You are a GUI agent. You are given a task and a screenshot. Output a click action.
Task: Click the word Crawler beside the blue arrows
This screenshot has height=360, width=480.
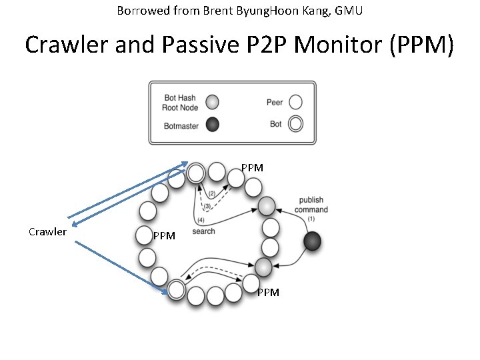coord(47,232)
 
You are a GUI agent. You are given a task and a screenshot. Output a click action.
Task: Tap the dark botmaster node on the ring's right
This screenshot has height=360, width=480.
coord(312,241)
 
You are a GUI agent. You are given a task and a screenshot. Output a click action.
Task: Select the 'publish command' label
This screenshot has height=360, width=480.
coord(311,205)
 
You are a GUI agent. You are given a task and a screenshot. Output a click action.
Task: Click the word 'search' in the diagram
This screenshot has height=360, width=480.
coord(203,231)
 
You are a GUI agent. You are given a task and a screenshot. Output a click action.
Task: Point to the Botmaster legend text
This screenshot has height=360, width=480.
coord(181,126)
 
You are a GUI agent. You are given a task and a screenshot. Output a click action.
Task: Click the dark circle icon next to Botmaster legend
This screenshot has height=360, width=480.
coord(212,125)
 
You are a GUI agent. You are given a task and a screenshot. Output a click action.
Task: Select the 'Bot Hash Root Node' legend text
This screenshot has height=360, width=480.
coord(180,103)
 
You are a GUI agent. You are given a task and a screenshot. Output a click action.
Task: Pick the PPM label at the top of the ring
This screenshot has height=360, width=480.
coord(252,168)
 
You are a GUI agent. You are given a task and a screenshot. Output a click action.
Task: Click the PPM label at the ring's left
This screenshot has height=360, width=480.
coord(164,235)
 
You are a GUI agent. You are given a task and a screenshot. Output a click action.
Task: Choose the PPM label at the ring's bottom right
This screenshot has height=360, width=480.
coord(268,292)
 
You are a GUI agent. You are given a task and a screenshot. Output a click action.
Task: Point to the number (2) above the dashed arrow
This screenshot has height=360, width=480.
coord(211,193)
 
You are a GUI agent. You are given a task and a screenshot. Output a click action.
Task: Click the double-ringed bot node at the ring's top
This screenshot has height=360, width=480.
coord(195,173)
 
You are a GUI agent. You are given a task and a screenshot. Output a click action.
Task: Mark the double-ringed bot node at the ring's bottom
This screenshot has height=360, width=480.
coord(176,289)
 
